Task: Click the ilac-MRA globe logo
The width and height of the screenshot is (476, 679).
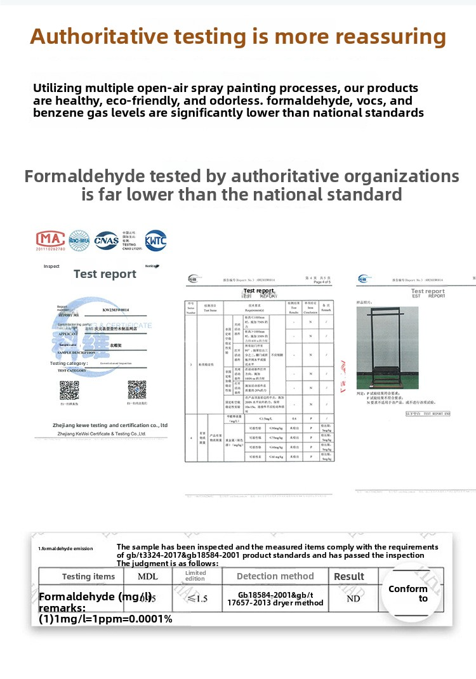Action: (x=79, y=240)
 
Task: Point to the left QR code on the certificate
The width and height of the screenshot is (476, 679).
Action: (x=69, y=390)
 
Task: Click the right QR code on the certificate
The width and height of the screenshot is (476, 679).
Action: (x=137, y=390)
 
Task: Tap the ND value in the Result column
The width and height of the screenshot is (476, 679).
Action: (x=354, y=598)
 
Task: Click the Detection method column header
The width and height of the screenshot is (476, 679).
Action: (x=275, y=576)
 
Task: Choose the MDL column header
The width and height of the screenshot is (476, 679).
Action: (x=148, y=576)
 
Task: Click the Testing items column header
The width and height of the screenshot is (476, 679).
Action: (x=88, y=576)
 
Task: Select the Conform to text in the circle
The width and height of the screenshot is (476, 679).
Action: (x=408, y=593)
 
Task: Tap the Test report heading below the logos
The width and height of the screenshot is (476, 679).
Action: (x=105, y=274)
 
